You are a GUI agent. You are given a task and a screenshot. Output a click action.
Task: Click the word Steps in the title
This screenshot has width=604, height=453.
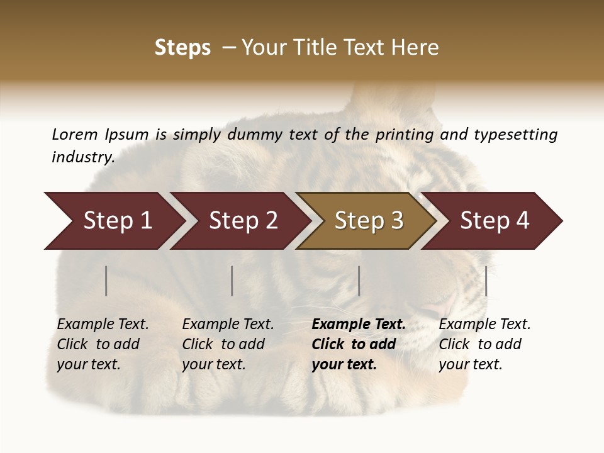coord(182,48)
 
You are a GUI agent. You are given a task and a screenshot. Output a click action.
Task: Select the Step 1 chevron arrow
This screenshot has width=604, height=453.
coord(113,221)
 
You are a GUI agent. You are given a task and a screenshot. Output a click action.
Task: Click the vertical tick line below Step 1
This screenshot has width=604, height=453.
coord(106,281)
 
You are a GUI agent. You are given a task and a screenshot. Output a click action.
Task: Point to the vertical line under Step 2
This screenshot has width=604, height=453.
coord(232,281)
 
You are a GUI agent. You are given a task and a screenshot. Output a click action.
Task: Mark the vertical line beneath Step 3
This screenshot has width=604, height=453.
coord(359,281)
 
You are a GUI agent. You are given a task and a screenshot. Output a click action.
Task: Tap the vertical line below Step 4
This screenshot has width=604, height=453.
coord(486,281)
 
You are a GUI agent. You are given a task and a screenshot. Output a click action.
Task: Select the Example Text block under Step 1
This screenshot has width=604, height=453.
coord(103,344)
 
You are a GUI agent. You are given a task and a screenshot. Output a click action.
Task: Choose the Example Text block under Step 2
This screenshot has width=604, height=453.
coord(228,344)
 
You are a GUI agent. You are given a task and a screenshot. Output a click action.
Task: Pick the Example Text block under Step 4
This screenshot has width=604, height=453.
coord(484,344)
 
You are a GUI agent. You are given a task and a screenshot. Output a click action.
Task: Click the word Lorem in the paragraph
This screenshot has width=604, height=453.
coord(74,134)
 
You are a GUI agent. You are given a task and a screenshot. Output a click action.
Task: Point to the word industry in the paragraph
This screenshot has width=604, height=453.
coord(83,157)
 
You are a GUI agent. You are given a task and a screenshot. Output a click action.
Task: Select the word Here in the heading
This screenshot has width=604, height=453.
coord(417,48)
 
